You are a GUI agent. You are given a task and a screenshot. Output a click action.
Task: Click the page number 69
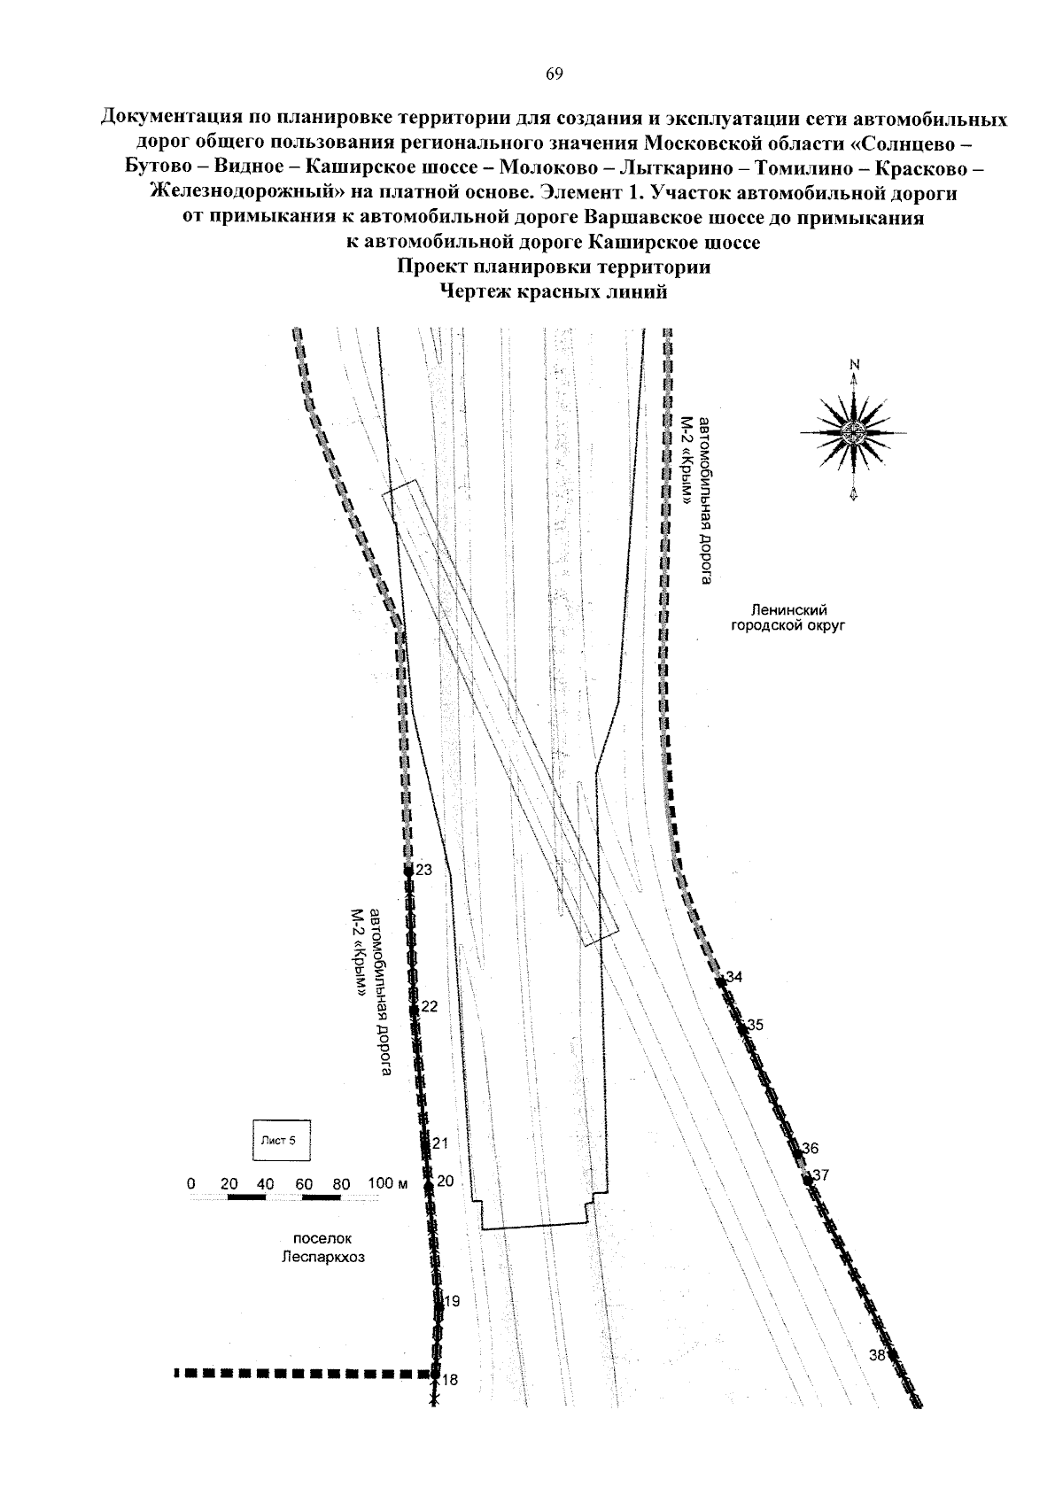[x=554, y=74]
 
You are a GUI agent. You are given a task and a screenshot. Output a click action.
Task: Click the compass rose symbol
[x=854, y=432]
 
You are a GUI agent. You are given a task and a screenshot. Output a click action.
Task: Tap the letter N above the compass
[x=854, y=365]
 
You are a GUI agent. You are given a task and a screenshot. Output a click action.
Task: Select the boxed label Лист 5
[x=281, y=1140]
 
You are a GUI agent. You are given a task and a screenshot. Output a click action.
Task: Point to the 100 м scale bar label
[x=387, y=1183]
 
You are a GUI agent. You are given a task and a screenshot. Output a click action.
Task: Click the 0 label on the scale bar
[x=191, y=1183]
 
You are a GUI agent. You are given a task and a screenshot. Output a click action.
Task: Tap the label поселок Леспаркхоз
[x=322, y=1248]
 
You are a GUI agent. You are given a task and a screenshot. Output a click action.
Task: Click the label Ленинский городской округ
[x=788, y=618]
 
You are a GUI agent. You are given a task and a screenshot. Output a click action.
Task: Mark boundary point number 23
[x=408, y=872]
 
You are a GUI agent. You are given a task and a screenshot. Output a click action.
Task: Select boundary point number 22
[x=414, y=1009]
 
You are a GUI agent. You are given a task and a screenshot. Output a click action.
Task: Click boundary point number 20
[x=428, y=1185]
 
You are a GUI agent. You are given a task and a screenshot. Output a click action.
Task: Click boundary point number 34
[x=720, y=982]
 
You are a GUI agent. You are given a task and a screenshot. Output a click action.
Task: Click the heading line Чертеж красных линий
[x=554, y=292]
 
